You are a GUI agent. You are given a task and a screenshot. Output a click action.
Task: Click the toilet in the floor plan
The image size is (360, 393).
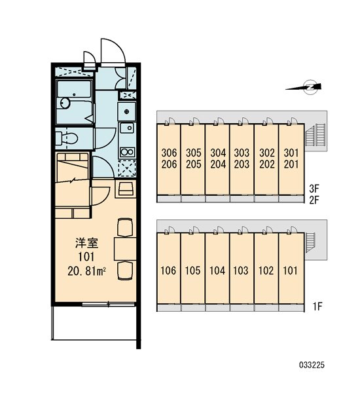tap(67, 138)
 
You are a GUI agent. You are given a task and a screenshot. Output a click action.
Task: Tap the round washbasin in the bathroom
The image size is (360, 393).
tap(65, 103)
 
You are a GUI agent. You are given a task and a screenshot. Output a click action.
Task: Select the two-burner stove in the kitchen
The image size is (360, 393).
tap(128, 152)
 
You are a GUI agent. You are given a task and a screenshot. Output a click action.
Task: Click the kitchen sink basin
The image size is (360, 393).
tap(128, 128)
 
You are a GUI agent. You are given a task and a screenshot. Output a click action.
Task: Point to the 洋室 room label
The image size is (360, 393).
tap(86, 243)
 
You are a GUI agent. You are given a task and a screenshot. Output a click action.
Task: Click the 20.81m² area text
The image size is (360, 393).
tap(86, 271)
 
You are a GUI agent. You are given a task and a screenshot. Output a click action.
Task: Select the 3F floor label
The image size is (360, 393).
tap(314, 188)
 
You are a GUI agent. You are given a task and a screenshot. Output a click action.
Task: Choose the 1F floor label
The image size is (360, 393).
tap(317, 306)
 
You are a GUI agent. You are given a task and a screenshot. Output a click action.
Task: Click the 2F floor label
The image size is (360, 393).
tap(314, 200)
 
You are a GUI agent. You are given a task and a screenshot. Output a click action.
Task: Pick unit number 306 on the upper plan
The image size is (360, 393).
tap(169, 153)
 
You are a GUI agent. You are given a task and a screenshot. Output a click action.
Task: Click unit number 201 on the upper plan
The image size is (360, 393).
tap(291, 164)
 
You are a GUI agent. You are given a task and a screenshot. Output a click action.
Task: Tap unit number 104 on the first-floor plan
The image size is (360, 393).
tap(217, 271)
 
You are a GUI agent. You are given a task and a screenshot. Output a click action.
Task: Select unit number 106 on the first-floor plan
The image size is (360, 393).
tap(168, 271)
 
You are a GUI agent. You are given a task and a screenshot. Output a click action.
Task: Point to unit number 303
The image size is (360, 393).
tap(242, 153)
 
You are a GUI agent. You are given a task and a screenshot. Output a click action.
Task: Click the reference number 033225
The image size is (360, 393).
tap(312, 365)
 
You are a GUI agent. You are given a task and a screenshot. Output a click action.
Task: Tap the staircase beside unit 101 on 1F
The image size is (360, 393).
tap(310, 242)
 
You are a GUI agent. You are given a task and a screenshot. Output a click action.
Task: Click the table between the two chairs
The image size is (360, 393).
tap(125, 249)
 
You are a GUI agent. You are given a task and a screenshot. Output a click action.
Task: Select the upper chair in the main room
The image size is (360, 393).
tap(125, 227)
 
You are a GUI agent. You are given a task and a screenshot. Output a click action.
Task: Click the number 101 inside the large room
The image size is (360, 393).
tap(86, 257)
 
